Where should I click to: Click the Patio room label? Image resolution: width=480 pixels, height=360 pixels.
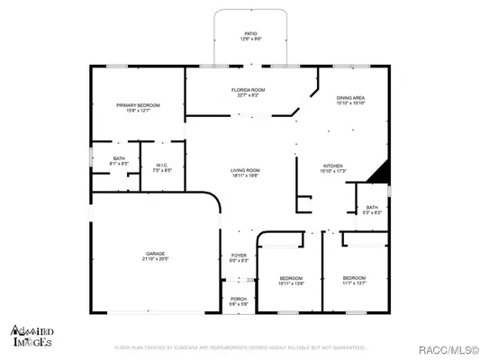point(249,33)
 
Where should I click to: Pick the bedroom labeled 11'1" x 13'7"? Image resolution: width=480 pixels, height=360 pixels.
point(354,280)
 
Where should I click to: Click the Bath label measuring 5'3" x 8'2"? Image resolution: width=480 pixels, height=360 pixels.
point(373,211)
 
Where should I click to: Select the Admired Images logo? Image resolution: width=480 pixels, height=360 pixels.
point(31,336)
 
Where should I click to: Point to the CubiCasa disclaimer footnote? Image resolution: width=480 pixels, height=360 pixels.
point(239,346)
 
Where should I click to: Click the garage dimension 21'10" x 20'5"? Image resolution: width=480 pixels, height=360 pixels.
point(156,259)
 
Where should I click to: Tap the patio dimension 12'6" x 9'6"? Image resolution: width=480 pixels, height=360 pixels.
point(249,39)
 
